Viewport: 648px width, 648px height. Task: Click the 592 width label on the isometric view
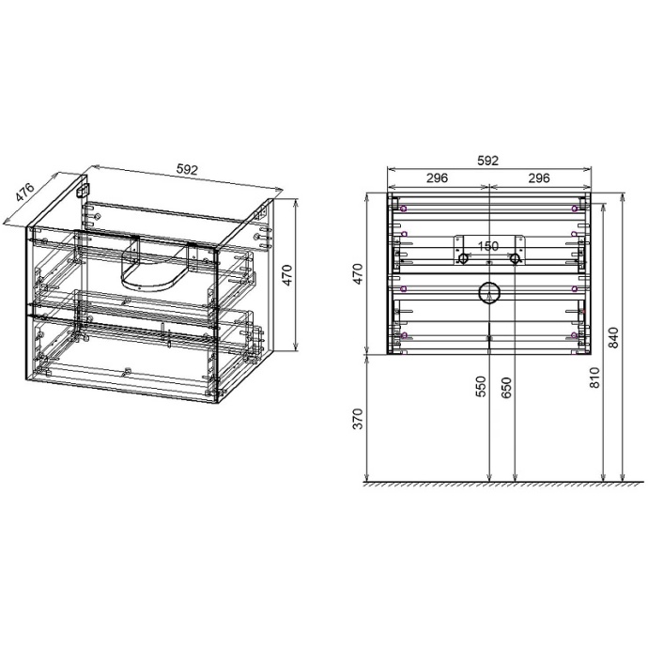tap(187, 170)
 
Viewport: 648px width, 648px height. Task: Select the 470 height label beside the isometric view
tap(289, 275)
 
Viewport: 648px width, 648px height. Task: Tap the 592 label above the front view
tap(487, 162)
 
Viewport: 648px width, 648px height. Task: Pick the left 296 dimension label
tap(437, 177)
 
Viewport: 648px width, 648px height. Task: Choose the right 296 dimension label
tap(539, 177)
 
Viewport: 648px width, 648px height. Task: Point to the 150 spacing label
tap(488, 247)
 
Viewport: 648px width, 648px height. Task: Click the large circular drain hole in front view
tap(489, 292)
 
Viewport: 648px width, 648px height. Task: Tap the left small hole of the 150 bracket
tap(462, 257)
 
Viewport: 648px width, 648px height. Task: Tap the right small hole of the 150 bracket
tap(516, 257)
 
